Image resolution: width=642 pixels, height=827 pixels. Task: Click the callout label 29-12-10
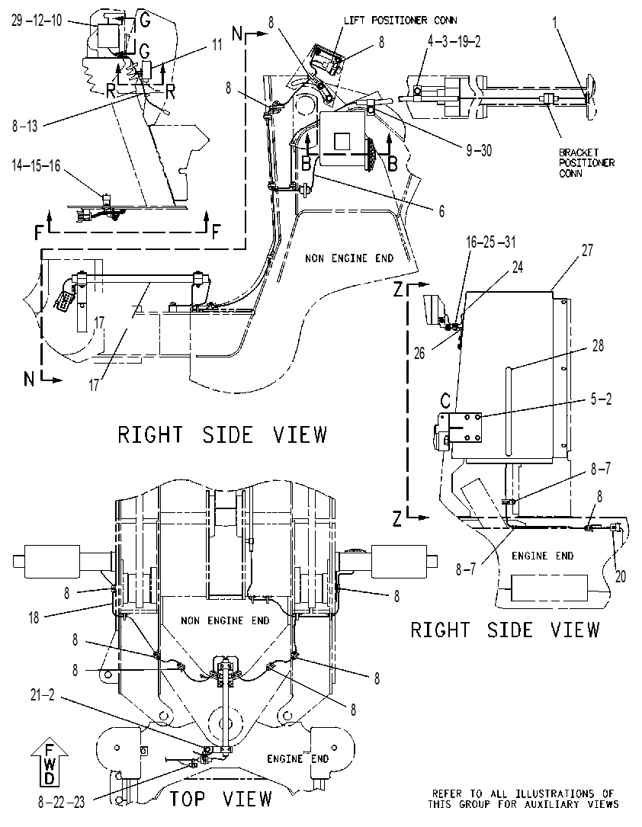(x=37, y=21)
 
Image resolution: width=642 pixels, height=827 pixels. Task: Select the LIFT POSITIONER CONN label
(x=400, y=21)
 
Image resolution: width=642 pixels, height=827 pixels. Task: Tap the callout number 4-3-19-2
(x=454, y=42)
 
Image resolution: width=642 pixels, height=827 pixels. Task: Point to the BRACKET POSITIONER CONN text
(x=586, y=163)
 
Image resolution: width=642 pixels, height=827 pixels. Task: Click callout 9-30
(x=479, y=150)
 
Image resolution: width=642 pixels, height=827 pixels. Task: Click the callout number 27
(x=587, y=250)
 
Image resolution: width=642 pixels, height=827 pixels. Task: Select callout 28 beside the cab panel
(x=598, y=346)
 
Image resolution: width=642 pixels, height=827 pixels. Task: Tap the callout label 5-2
(x=601, y=399)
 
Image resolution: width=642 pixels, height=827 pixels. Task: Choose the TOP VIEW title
(x=220, y=799)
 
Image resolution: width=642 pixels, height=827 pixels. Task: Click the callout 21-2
(x=42, y=695)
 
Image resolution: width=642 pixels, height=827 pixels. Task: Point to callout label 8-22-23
(x=61, y=802)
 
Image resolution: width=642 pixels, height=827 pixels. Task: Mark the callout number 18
(x=34, y=617)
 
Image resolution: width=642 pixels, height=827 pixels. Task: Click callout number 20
(x=621, y=576)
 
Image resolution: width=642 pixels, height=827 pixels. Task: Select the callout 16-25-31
(x=490, y=242)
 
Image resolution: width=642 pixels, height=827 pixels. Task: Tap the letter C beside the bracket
(x=445, y=402)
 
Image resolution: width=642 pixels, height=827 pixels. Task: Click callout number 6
(x=441, y=211)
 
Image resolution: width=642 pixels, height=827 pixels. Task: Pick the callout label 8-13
(x=25, y=126)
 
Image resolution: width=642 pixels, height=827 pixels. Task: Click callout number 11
(x=217, y=45)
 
